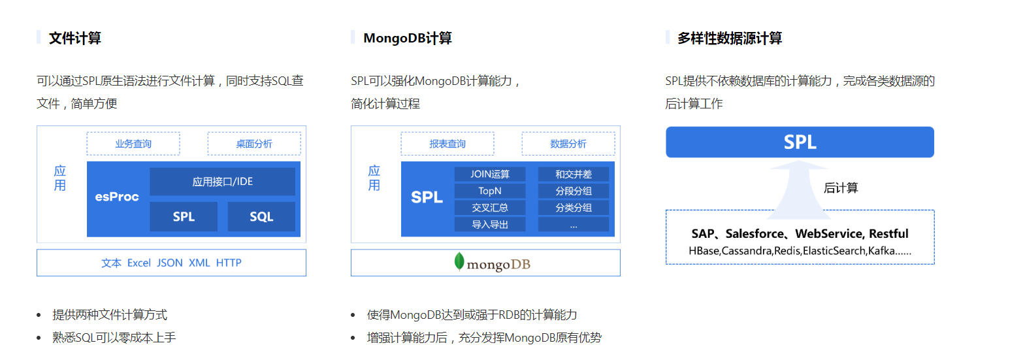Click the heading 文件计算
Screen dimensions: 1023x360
[74, 38]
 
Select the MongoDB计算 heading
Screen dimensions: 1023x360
[407, 38]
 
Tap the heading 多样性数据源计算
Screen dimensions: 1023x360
[729, 38]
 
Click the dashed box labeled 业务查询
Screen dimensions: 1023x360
[133, 144]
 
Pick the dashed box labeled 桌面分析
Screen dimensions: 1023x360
[254, 144]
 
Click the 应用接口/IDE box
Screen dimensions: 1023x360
[222, 182]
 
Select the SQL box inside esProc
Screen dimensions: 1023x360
[261, 217]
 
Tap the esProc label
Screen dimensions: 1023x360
[117, 197]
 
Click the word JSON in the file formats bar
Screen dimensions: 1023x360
[170, 263]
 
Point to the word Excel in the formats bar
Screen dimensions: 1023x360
[138, 263]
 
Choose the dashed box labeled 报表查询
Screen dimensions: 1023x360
[447, 144]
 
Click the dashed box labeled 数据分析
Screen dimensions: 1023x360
[568, 144]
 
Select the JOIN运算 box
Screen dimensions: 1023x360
[490, 174]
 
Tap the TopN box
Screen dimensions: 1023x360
[490, 191]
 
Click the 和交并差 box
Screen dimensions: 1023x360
[574, 174]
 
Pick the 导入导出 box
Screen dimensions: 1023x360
[490, 225]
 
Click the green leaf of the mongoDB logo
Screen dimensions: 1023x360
[460, 261]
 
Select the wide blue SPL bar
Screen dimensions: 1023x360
[800, 142]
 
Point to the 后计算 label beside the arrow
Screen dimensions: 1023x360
[841, 188]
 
